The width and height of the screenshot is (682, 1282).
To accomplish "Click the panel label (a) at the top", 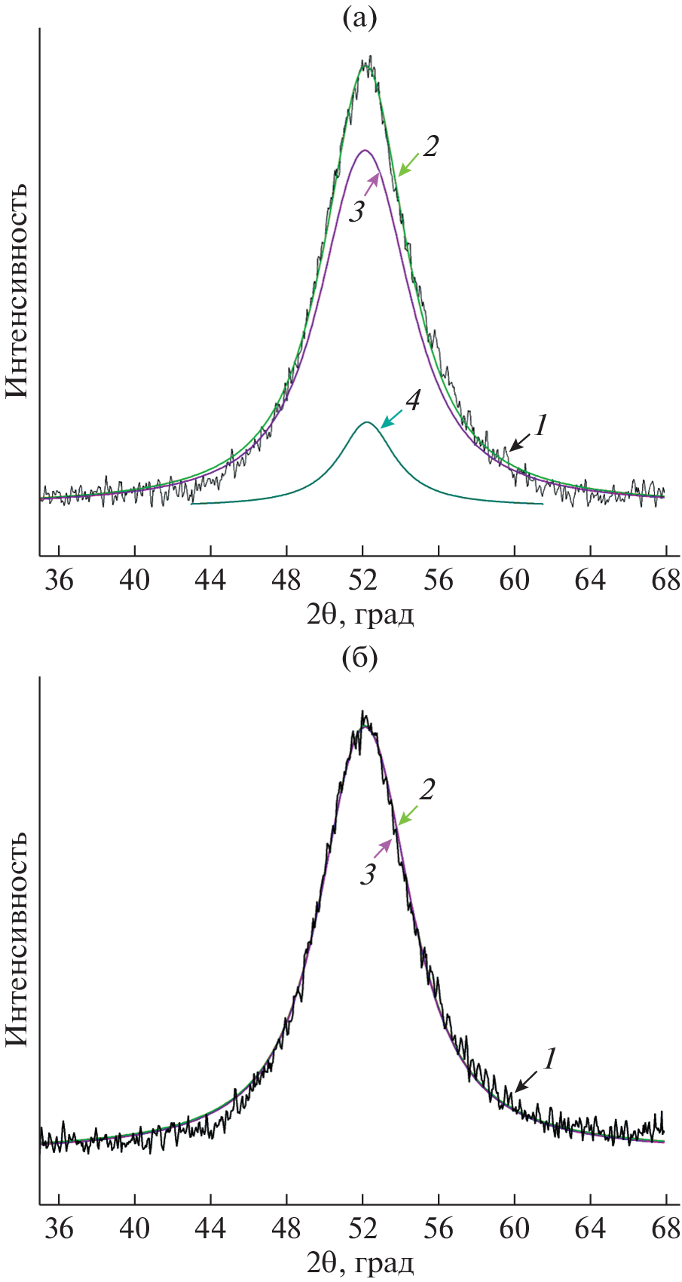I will [x=359, y=17].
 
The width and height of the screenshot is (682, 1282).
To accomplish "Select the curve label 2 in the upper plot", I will [x=430, y=146].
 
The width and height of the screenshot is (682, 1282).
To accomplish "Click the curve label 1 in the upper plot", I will [x=540, y=427].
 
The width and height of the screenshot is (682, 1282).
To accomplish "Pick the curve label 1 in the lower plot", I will [x=549, y=1060].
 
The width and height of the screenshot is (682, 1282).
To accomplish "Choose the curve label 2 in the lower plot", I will [x=427, y=790].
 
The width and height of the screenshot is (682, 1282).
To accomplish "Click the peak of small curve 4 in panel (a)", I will [x=366, y=422].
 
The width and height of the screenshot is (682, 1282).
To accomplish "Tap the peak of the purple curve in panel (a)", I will [x=365, y=150].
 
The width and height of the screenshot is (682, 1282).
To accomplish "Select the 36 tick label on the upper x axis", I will [x=59, y=581].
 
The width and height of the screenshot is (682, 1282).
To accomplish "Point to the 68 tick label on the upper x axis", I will [x=665, y=581].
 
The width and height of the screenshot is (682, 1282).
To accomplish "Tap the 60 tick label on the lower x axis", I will [x=515, y=1228].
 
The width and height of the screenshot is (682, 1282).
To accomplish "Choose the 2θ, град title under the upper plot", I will [x=360, y=615].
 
